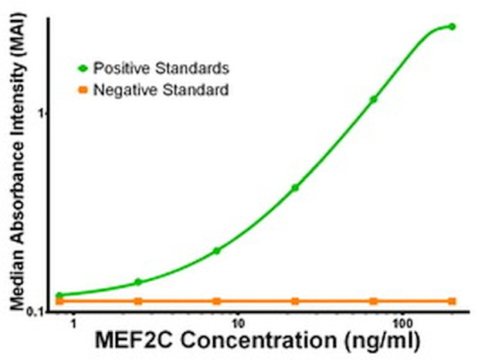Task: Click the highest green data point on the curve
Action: click(x=452, y=26)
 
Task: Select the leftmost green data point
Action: click(x=59, y=296)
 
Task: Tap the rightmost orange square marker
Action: click(x=452, y=301)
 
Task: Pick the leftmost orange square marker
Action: click(x=59, y=301)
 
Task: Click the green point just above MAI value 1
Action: click(x=374, y=99)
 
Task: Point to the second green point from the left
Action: click(x=138, y=282)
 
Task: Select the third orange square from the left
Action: click(x=216, y=301)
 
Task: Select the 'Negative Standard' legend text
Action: click(x=160, y=90)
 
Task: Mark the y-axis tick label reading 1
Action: click(x=44, y=113)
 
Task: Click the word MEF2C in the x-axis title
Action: click(x=126, y=341)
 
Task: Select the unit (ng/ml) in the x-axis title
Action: click(x=383, y=341)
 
